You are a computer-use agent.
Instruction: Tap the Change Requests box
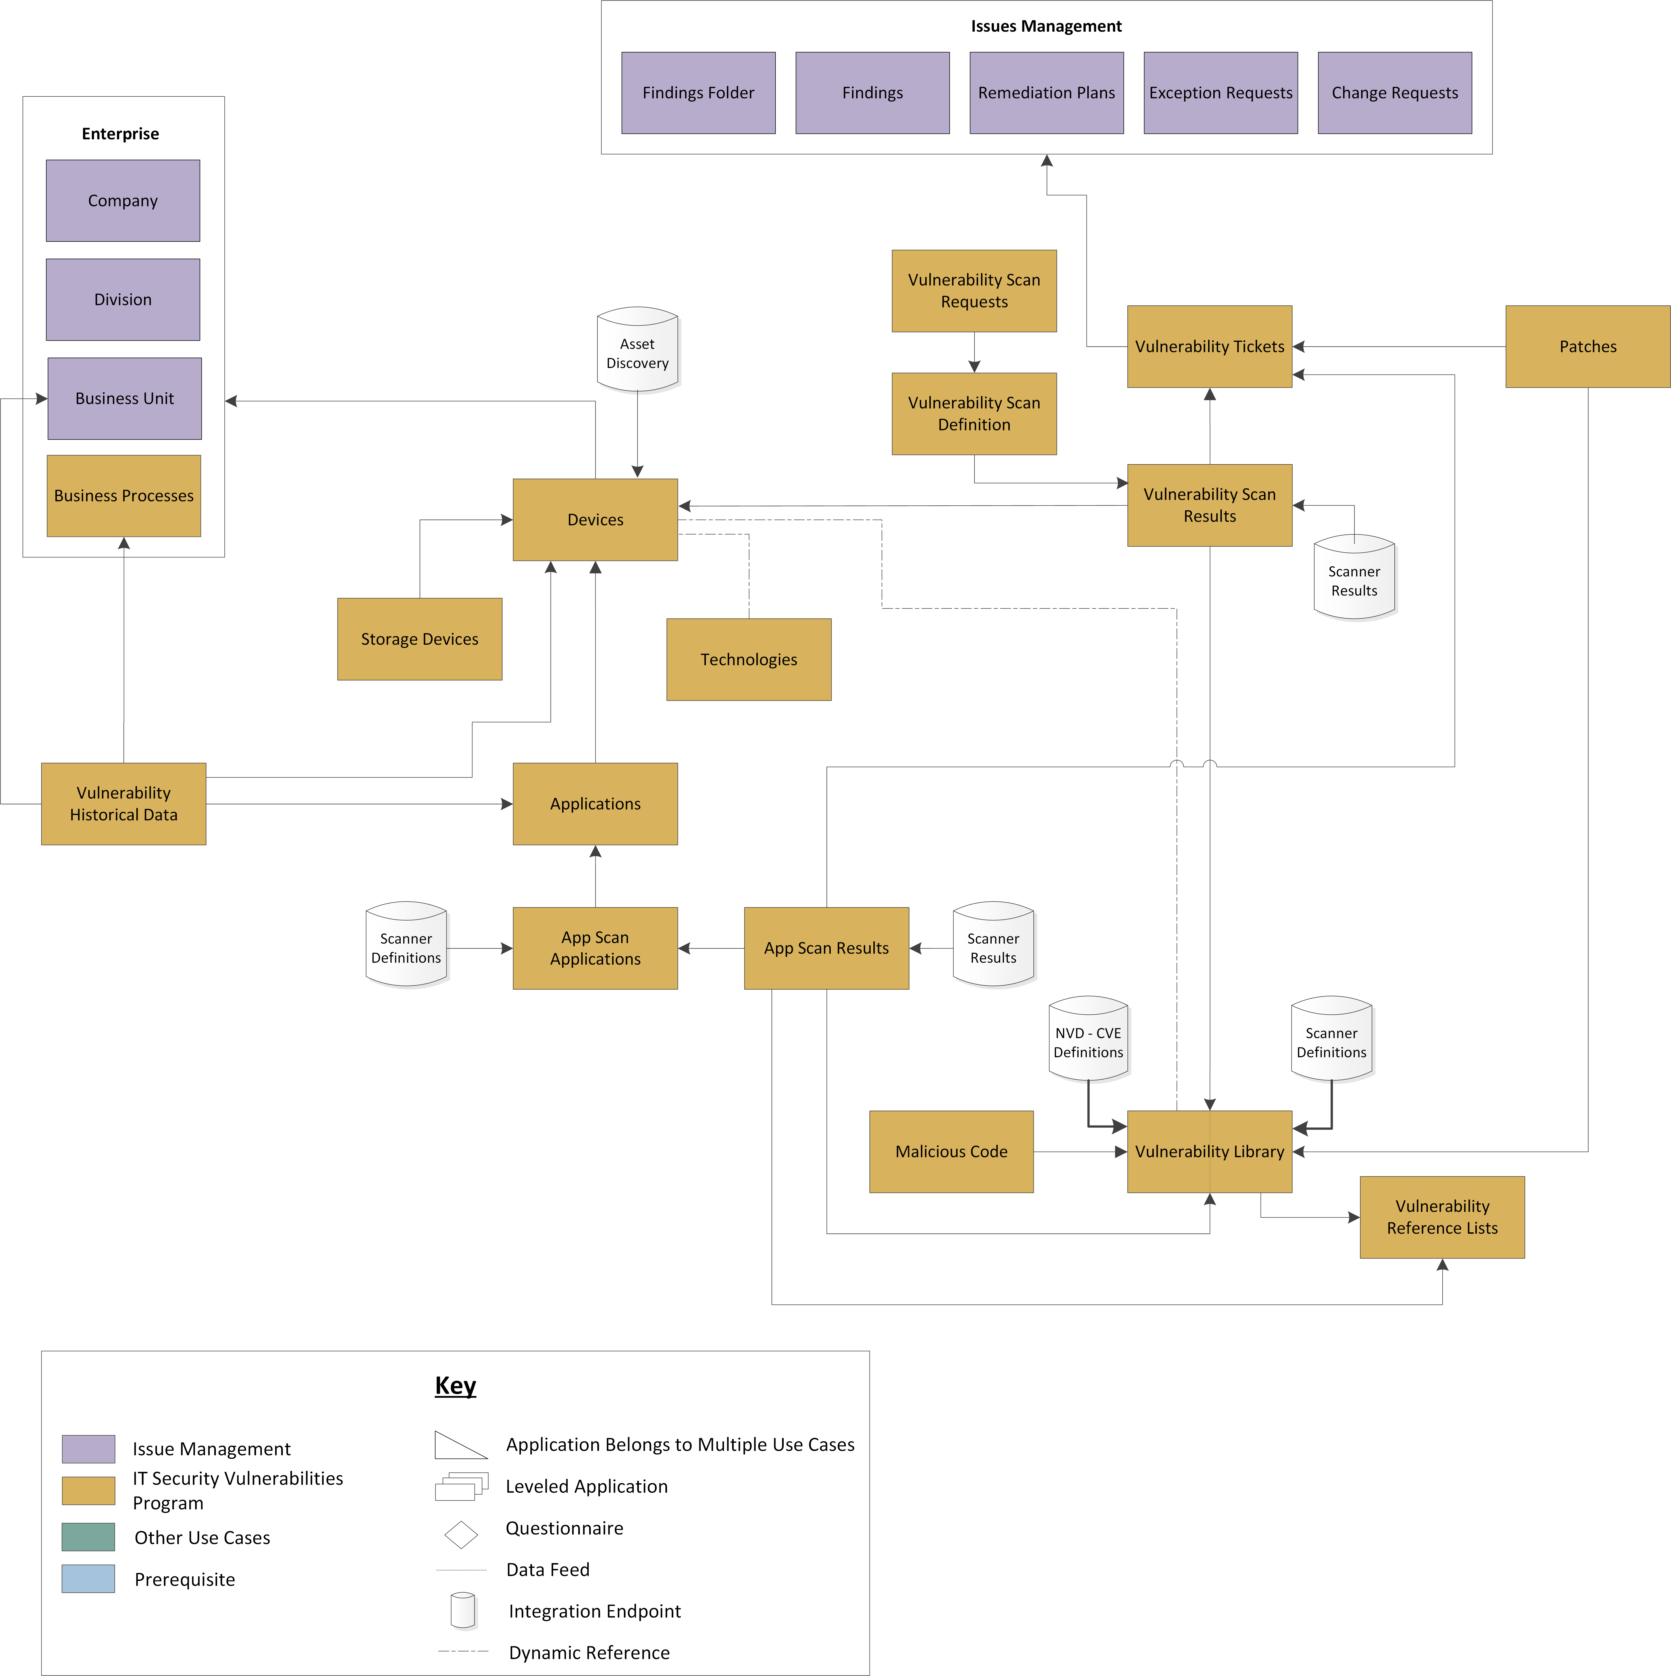(1394, 93)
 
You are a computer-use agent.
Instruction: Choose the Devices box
(595, 520)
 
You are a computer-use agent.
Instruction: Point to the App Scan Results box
(826, 948)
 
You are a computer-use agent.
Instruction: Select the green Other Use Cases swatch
(89, 1537)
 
